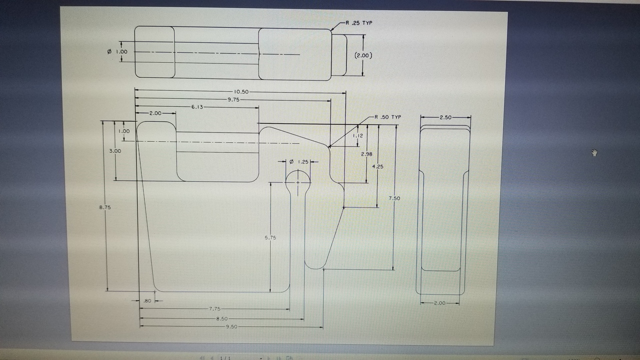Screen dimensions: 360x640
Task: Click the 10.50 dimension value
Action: click(x=241, y=92)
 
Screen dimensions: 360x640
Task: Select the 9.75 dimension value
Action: click(x=233, y=99)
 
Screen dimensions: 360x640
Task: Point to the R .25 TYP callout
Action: click(x=358, y=23)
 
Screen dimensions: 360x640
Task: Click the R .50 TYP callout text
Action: click(x=388, y=117)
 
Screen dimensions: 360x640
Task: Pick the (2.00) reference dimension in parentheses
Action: click(x=363, y=55)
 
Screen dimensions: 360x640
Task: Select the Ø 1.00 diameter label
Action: click(x=117, y=51)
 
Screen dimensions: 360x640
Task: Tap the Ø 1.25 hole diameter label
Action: click(x=299, y=161)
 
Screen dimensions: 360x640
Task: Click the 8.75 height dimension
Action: click(x=105, y=207)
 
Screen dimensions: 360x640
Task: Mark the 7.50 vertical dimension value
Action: click(x=394, y=198)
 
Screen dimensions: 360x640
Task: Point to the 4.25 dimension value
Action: click(x=378, y=166)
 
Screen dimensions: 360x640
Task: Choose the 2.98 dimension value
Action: click(x=366, y=154)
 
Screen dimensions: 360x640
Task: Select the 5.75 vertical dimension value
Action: click(x=270, y=237)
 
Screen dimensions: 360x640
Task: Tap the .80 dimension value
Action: click(x=147, y=301)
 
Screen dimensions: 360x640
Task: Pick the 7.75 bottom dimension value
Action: click(x=214, y=309)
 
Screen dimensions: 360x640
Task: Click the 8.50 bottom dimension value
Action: click(x=221, y=318)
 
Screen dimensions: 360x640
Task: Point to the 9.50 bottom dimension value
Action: click(x=231, y=326)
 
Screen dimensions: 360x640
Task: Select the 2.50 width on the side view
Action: click(x=445, y=117)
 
